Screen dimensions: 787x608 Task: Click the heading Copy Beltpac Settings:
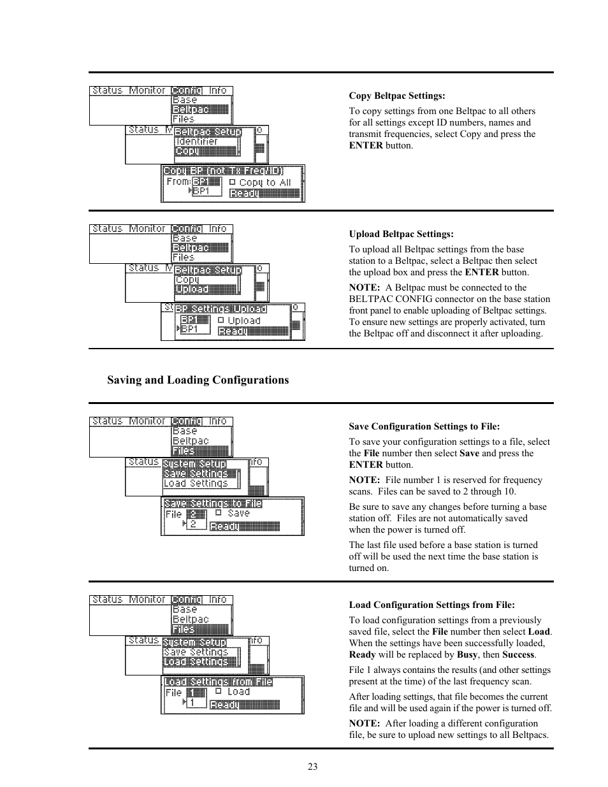[x=396, y=96]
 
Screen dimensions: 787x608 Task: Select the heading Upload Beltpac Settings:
[x=401, y=235]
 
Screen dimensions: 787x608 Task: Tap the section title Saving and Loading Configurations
[x=198, y=380]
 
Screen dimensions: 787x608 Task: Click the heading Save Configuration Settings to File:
[x=424, y=427]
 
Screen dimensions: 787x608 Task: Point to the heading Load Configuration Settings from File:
[x=431, y=605]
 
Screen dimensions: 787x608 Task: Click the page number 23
[x=312, y=767]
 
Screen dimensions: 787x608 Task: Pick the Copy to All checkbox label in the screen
[x=265, y=182]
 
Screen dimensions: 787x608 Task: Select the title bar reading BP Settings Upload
[x=221, y=309]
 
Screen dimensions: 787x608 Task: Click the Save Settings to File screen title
[x=213, y=503]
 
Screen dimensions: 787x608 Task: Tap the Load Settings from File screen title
[x=218, y=682]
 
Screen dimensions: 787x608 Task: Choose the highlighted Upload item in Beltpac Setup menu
[x=192, y=289]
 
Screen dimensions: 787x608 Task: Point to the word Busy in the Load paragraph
[x=467, y=655]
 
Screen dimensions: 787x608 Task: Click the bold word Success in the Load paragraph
[x=518, y=655]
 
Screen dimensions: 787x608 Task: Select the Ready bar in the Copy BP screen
[x=264, y=193]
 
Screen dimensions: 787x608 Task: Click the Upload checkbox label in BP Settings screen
[x=244, y=321]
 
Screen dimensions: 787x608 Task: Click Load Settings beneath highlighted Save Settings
[x=196, y=484]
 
